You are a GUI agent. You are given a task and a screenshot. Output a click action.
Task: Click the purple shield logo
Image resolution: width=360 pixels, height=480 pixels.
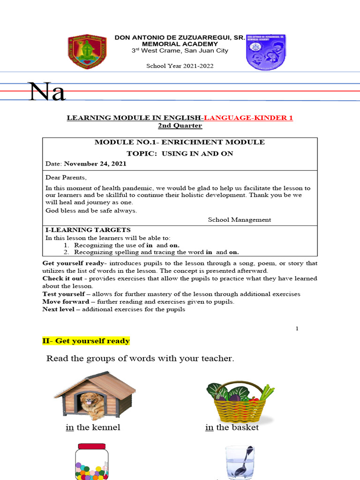pyautogui.click(x=266, y=52)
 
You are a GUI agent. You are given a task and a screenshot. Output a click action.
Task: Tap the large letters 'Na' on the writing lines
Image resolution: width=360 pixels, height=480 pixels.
pyautogui.click(x=47, y=92)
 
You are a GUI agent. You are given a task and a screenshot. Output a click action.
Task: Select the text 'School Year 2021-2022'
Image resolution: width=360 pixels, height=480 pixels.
pyautogui.click(x=180, y=66)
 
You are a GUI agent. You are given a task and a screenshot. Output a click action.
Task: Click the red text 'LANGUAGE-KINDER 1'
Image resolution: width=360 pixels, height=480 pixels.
pyautogui.click(x=248, y=118)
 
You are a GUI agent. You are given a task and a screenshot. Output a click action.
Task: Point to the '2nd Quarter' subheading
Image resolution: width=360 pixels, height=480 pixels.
pyautogui.click(x=180, y=126)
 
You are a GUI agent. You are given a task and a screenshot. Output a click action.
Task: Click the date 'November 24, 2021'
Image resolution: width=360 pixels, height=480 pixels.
pyautogui.click(x=95, y=164)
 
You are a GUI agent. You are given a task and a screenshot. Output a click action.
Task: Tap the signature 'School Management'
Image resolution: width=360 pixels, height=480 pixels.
pyautogui.click(x=239, y=219)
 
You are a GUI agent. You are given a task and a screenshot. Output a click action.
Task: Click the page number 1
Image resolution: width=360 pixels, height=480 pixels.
pyautogui.click(x=297, y=329)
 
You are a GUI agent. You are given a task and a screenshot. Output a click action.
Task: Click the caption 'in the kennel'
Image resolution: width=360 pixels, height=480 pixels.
pyautogui.click(x=93, y=427)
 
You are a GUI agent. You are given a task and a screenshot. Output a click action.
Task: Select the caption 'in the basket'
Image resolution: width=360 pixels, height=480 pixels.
pyautogui.click(x=232, y=427)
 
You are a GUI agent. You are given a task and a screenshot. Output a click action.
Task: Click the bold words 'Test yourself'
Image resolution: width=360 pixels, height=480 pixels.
pyautogui.click(x=63, y=294)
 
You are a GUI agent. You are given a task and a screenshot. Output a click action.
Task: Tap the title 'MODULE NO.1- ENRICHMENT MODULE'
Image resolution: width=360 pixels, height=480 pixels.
pyautogui.click(x=180, y=142)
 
